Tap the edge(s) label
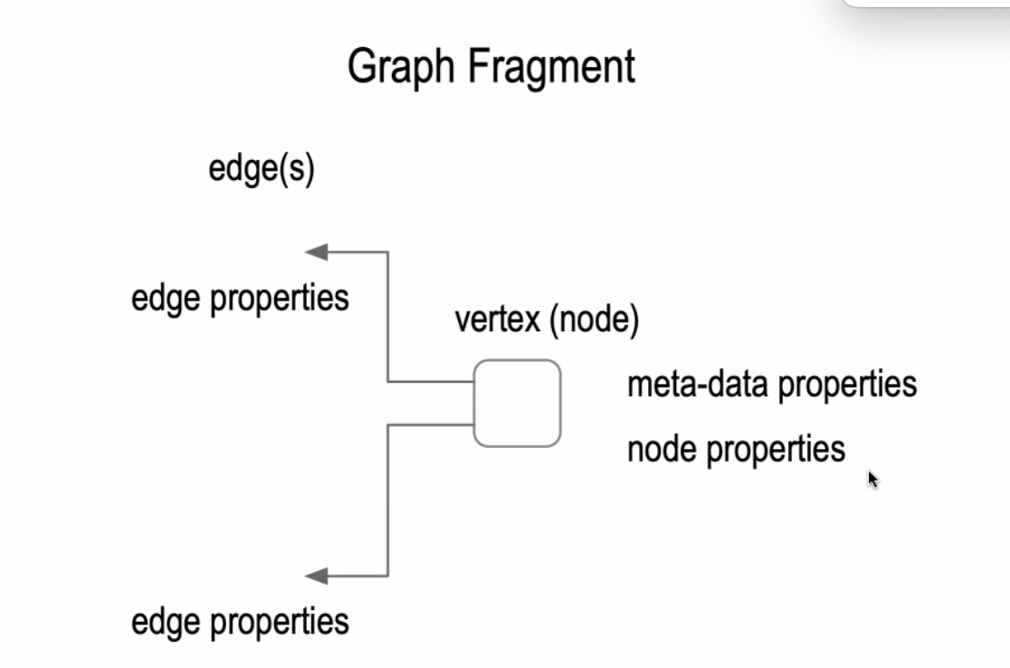(x=261, y=169)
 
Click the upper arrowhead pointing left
(x=316, y=253)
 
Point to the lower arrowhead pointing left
(x=316, y=576)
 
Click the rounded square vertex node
(x=517, y=404)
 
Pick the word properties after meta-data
(x=847, y=385)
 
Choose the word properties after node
(x=776, y=449)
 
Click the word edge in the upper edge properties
(x=167, y=299)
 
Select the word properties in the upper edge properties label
(x=280, y=299)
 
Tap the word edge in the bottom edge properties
(x=167, y=623)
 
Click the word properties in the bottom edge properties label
(x=280, y=623)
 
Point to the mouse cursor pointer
(x=872, y=479)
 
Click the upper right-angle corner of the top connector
(x=388, y=253)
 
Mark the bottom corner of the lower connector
(x=388, y=576)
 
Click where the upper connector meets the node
(x=474, y=382)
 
